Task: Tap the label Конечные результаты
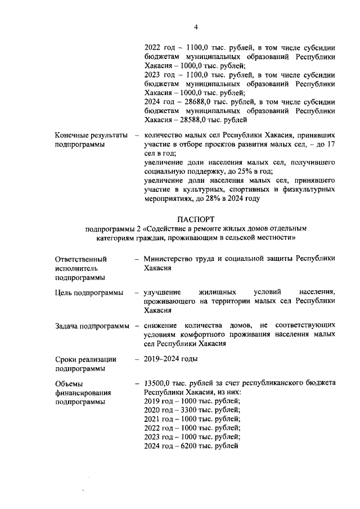tap(90, 136)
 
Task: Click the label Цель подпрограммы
tap(89, 292)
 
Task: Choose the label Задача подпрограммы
tap(92, 326)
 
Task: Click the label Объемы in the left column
tap(69, 383)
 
